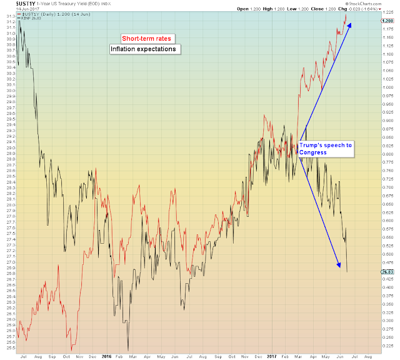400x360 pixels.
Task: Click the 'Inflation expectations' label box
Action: pos(142,49)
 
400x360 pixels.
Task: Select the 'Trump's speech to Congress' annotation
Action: pos(325,148)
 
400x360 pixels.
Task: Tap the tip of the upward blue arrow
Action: pos(351,23)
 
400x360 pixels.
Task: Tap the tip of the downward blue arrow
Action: pos(341,269)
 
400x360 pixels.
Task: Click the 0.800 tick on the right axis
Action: pos(387,154)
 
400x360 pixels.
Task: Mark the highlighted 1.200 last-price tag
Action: pos(387,21)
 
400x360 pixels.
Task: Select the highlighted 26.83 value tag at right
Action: pos(387,272)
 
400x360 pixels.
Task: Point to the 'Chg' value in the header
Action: pos(367,9)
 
